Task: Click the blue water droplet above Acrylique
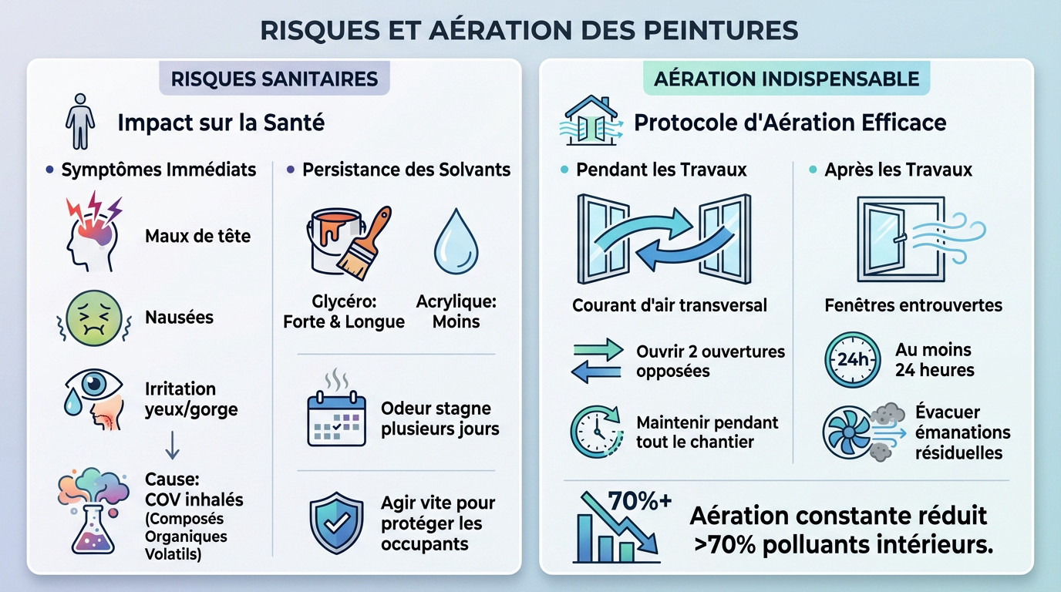click(456, 240)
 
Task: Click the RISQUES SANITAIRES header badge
click(274, 79)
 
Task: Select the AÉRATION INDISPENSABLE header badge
click(786, 79)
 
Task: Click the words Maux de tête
click(197, 236)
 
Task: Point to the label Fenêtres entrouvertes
click(913, 304)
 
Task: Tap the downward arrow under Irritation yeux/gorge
click(173, 444)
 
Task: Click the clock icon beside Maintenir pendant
click(597, 432)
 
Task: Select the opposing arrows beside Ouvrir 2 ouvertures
click(598, 361)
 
